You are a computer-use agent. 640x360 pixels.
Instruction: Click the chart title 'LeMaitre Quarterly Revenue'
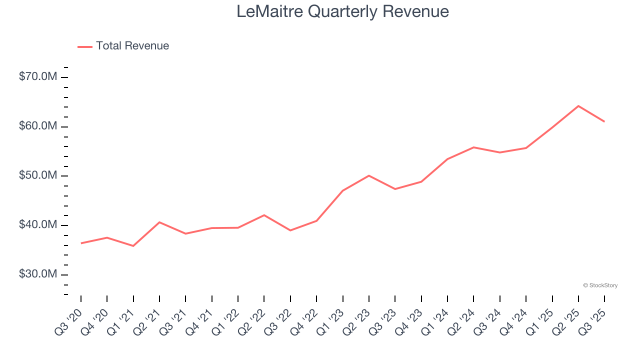pyautogui.click(x=342, y=11)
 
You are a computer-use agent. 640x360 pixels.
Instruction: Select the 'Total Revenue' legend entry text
pyautogui.click(x=132, y=46)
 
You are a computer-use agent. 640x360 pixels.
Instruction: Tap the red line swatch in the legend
pyautogui.click(x=85, y=46)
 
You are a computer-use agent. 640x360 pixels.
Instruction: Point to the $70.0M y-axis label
pyautogui.click(x=38, y=77)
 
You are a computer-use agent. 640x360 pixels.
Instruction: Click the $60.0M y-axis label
pyautogui.click(x=38, y=126)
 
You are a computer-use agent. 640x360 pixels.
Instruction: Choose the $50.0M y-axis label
pyautogui.click(x=38, y=176)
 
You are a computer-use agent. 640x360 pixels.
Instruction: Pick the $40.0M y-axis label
pyautogui.click(x=38, y=225)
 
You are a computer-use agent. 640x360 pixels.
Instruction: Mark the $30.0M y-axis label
pyautogui.click(x=38, y=274)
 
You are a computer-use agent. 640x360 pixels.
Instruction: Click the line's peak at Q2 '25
pyautogui.click(x=578, y=106)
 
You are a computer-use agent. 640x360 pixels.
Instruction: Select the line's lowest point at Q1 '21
pyautogui.click(x=133, y=246)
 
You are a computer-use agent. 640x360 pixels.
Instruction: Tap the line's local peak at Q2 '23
pyautogui.click(x=369, y=175)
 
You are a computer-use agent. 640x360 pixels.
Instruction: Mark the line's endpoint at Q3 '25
pyautogui.click(x=604, y=121)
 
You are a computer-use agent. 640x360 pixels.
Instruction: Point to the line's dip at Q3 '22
pyautogui.click(x=290, y=230)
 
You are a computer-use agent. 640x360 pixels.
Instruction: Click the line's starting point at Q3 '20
pyautogui.click(x=81, y=243)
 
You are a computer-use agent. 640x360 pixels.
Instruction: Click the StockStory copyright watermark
pyautogui.click(x=600, y=285)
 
